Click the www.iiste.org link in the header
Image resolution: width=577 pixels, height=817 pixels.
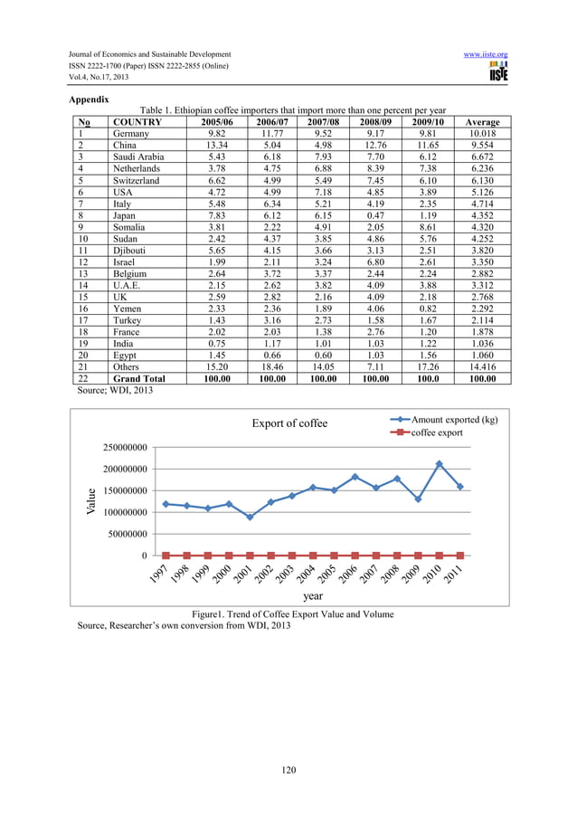click(485, 54)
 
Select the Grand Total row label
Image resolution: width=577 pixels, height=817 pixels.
click(139, 379)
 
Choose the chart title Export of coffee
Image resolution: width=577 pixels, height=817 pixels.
click(289, 423)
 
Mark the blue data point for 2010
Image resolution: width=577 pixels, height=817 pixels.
click(439, 464)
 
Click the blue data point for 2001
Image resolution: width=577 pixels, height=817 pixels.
click(250, 517)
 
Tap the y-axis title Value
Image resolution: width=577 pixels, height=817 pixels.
click(90, 502)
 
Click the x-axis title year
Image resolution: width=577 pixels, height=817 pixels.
click(312, 596)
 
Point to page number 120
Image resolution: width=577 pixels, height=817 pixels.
click(288, 770)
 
